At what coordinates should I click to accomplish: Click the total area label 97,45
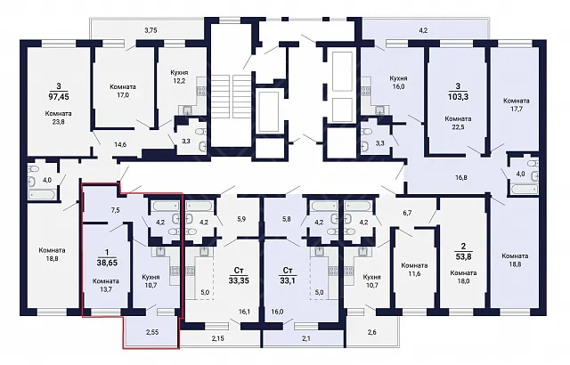click(x=59, y=97)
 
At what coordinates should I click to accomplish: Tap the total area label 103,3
click(x=458, y=97)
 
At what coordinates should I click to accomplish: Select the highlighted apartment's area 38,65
click(x=107, y=263)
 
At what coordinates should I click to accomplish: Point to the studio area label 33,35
click(x=239, y=280)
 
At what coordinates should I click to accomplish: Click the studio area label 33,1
click(x=288, y=280)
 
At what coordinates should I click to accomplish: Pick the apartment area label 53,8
click(x=463, y=256)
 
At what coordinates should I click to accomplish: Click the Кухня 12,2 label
click(x=179, y=77)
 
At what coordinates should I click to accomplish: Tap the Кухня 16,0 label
click(x=398, y=83)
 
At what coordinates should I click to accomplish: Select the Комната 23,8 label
click(x=58, y=118)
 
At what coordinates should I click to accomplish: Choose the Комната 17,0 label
click(x=123, y=91)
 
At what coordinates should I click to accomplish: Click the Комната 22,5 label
click(x=458, y=123)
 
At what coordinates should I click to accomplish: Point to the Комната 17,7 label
click(x=517, y=104)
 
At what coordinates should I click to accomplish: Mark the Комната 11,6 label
click(x=414, y=270)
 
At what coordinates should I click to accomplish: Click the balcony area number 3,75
click(x=151, y=30)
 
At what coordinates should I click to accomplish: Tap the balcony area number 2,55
click(x=152, y=332)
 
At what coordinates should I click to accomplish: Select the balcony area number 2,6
click(x=372, y=332)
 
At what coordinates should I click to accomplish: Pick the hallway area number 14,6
click(x=120, y=144)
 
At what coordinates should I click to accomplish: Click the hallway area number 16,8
click(x=461, y=177)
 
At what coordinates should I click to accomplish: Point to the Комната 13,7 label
click(x=105, y=285)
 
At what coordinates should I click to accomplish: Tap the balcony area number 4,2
click(x=423, y=30)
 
